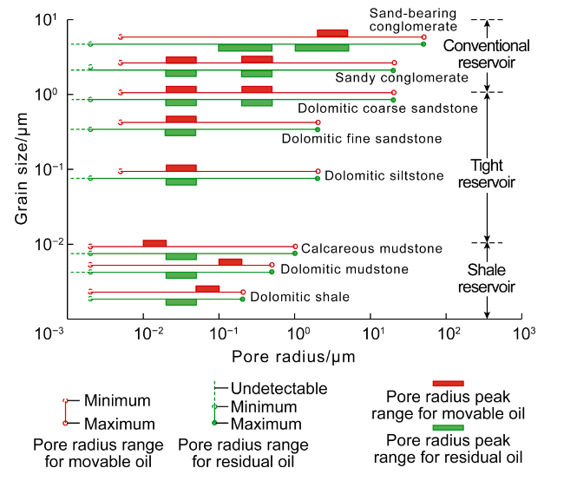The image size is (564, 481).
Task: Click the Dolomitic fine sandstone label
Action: (362, 138)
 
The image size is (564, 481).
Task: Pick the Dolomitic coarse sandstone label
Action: (387, 109)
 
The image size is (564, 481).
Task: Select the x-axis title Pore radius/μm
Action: (293, 356)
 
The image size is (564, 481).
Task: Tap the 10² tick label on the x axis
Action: (448, 332)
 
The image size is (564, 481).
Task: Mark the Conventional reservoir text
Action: (487, 54)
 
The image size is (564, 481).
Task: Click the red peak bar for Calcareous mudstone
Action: (154, 243)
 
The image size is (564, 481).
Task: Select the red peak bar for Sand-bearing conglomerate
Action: (332, 33)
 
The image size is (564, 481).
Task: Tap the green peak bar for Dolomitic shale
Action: (180, 302)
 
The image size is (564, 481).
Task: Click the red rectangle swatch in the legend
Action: (448, 383)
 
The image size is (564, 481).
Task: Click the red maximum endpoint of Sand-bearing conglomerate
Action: (423, 37)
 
